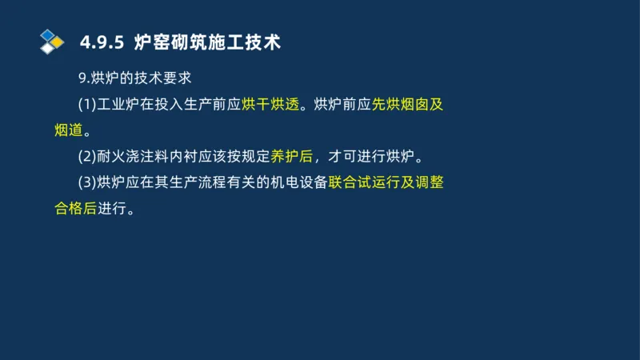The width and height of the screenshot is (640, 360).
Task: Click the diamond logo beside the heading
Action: click(x=52, y=41)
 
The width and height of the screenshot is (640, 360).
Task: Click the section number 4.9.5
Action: click(x=103, y=42)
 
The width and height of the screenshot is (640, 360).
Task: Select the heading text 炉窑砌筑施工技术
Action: click(x=208, y=42)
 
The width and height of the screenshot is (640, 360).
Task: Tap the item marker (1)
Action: click(x=86, y=105)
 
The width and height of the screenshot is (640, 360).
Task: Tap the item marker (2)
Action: click(x=86, y=156)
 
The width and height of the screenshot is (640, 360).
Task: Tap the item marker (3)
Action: click(x=86, y=182)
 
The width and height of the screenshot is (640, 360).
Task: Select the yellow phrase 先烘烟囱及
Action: click(x=408, y=105)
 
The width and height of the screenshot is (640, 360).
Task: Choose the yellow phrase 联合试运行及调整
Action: click(x=386, y=182)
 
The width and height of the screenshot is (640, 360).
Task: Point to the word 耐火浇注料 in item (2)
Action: click(x=132, y=156)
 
